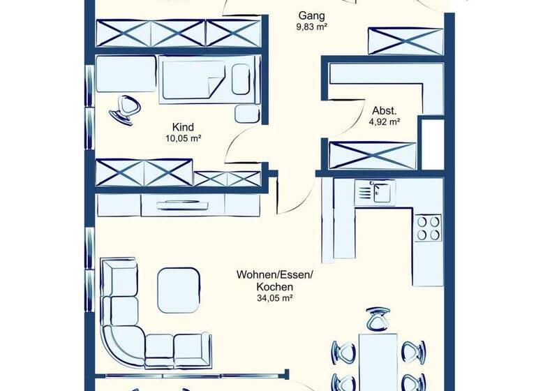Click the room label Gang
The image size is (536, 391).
(x=312, y=15)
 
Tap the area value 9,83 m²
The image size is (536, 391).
(x=312, y=27)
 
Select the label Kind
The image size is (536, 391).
(x=183, y=127)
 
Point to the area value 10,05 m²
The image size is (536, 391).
(x=183, y=138)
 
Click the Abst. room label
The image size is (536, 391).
(x=384, y=110)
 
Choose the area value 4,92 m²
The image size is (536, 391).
(x=384, y=121)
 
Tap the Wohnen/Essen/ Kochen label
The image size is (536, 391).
(x=274, y=281)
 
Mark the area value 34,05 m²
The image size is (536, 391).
(x=274, y=298)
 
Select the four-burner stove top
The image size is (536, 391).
(x=429, y=227)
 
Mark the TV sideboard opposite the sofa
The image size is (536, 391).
(x=178, y=205)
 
